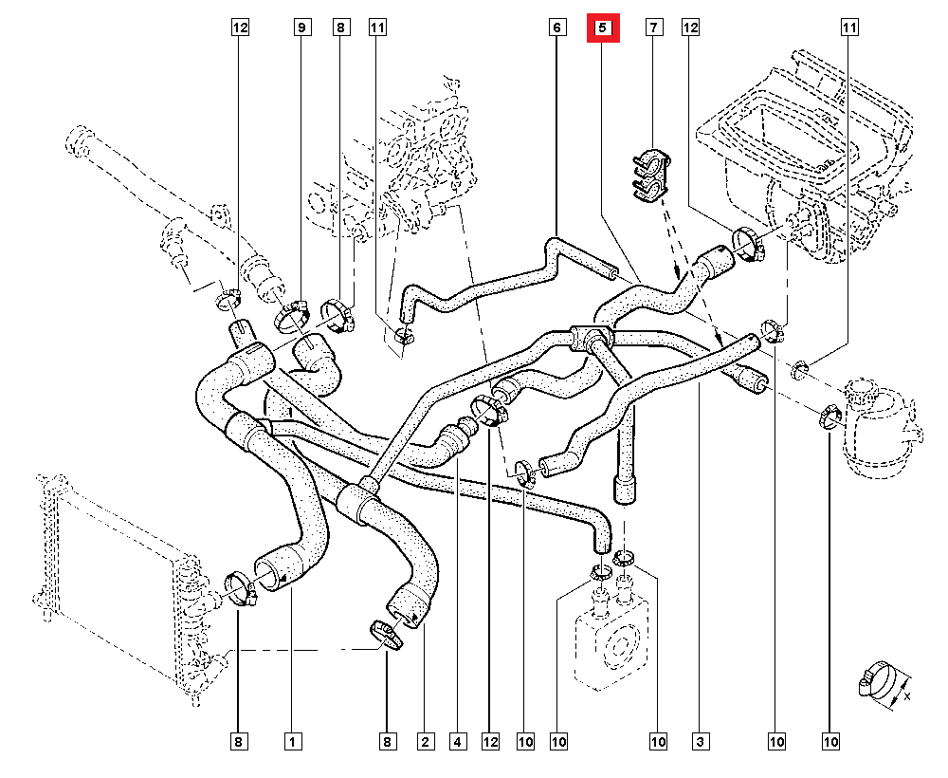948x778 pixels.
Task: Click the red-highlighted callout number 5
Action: (x=603, y=28)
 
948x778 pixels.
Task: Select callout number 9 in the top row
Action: (x=301, y=28)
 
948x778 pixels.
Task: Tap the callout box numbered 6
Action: (x=556, y=28)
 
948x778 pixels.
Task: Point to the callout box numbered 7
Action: (x=653, y=28)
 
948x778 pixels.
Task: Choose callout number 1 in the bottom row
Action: (x=292, y=740)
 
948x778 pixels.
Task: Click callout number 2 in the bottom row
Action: (x=425, y=740)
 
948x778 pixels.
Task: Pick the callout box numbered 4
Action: (x=458, y=740)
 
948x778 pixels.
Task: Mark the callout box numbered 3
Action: (x=700, y=740)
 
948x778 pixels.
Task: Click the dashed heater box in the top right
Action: (x=806, y=142)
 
